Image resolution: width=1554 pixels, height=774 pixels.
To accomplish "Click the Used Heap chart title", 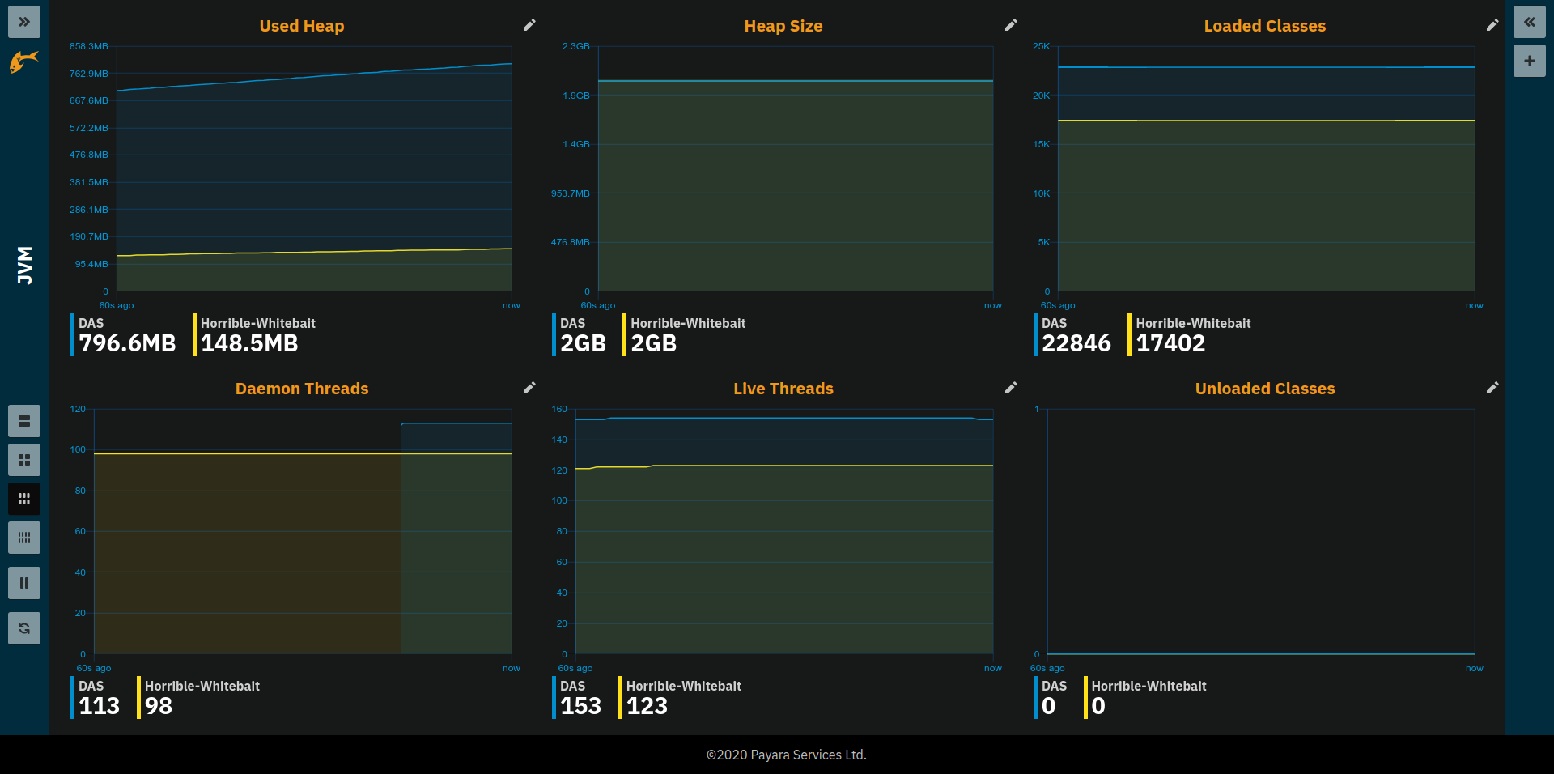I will click(x=301, y=26).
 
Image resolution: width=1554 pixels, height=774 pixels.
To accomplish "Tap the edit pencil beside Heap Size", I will click(x=1011, y=25).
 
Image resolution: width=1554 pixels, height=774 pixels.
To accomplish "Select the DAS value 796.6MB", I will click(x=127, y=343).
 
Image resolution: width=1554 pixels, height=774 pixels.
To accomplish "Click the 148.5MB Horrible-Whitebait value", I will click(x=249, y=343).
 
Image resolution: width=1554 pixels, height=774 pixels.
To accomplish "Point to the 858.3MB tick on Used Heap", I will click(x=89, y=47).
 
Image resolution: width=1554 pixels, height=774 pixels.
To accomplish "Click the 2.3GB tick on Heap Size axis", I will click(x=576, y=47).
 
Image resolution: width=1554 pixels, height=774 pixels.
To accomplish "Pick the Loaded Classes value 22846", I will click(x=1076, y=343).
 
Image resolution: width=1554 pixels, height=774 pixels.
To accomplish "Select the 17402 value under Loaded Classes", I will click(x=1170, y=343).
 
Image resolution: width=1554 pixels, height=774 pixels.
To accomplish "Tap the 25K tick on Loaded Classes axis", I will click(x=1041, y=47).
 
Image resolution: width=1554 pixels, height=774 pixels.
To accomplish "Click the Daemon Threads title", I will click(x=301, y=389).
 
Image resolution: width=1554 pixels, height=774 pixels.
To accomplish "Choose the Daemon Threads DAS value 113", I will click(x=99, y=706).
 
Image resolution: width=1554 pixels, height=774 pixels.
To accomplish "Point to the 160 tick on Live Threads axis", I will click(x=559, y=410).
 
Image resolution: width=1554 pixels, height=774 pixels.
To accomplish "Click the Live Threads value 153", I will click(x=580, y=706).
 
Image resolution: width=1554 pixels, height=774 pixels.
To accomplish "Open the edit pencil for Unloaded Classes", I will click(x=1492, y=388).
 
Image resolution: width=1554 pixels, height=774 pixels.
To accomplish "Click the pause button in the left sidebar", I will click(x=24, y=583).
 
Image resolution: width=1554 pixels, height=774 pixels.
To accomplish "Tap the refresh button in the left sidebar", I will click(x=24, y=628).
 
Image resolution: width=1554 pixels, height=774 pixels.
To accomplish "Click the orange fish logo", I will click(x=24, y=61).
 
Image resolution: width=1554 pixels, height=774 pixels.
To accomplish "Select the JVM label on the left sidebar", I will click(x=25, y=266).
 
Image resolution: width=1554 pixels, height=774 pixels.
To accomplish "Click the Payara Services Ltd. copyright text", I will click(x=786, y=755).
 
